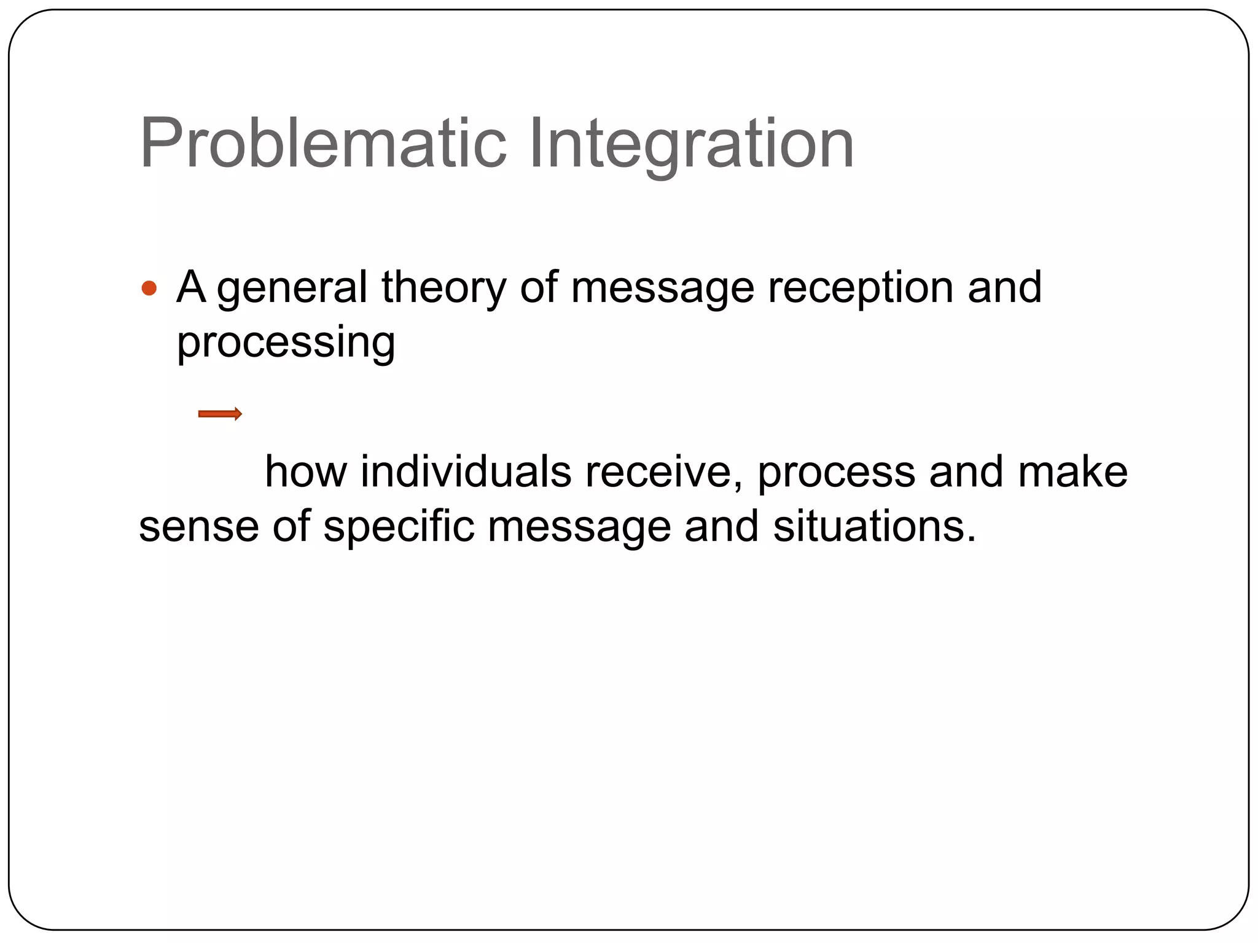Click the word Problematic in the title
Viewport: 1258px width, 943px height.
pos(323,145)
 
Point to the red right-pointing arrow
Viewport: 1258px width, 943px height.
pos(220,414)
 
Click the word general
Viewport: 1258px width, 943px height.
pos(292,289)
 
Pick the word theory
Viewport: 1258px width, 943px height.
pos(443,289)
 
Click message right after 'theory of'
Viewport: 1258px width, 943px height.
pos(662,289)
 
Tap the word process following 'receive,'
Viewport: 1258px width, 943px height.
pos(836,473)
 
